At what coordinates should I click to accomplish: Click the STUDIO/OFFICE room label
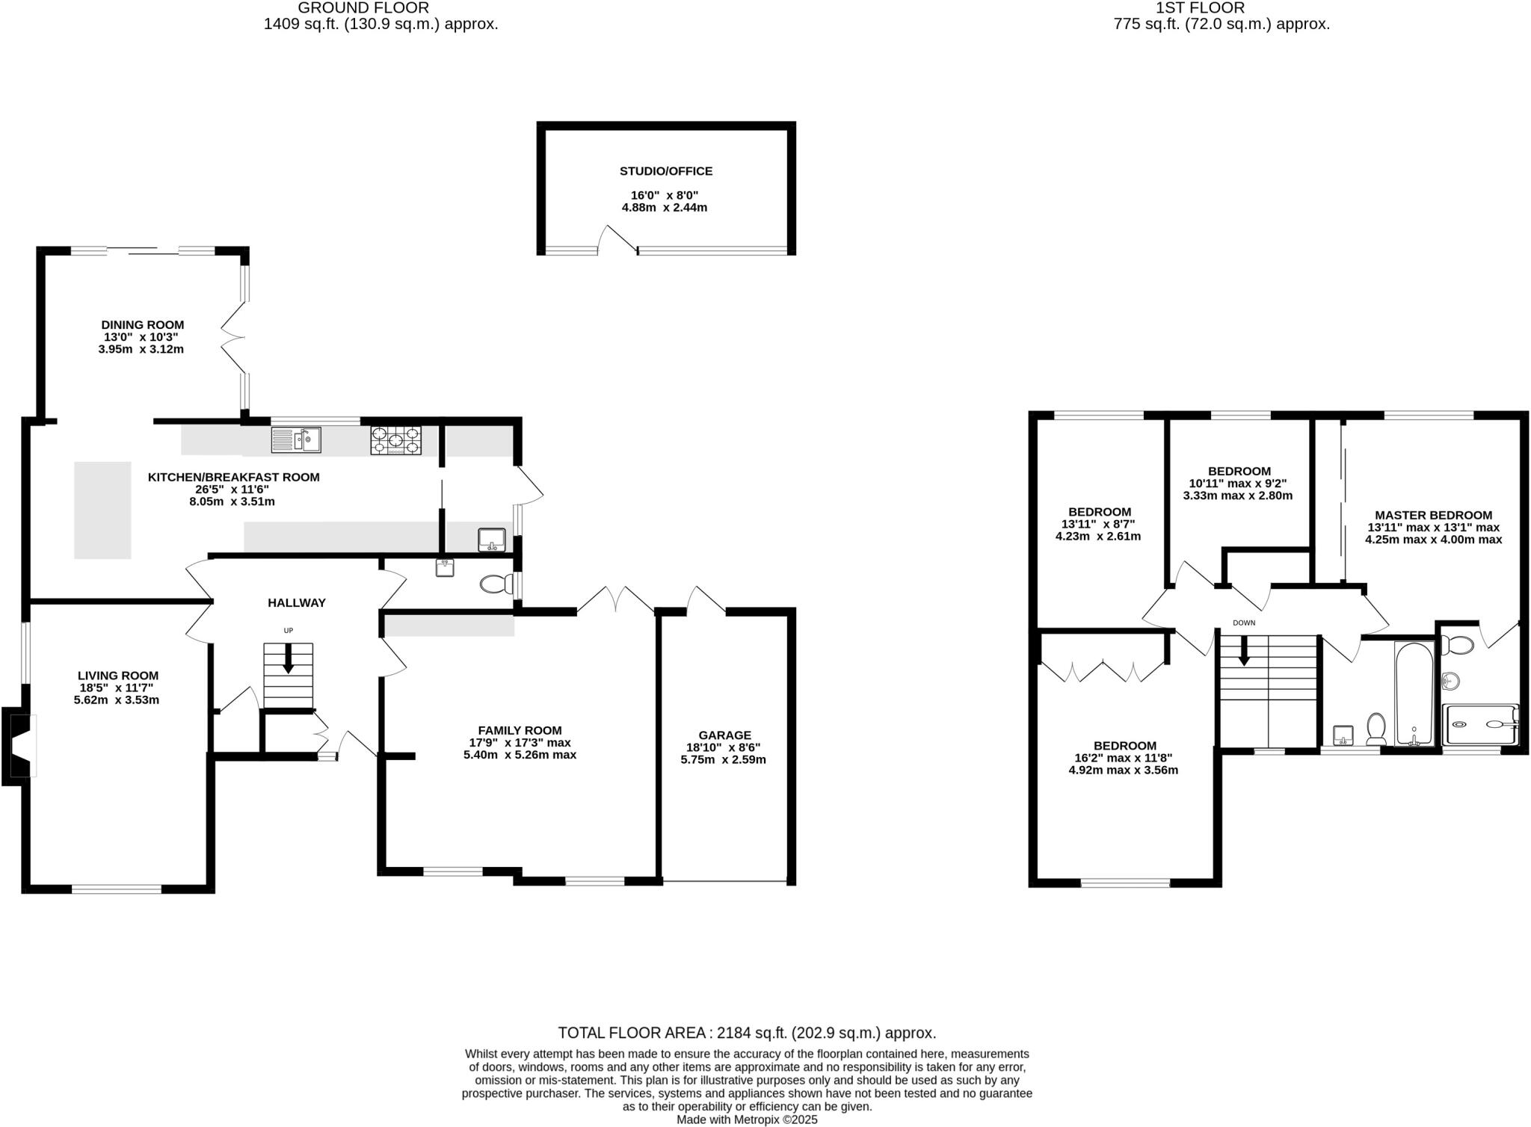[665, 171]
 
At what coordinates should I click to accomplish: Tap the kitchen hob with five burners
[395, 440]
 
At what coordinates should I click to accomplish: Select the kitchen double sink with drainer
[295, 439]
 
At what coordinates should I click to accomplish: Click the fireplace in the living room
[20, 745]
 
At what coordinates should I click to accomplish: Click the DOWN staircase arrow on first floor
[1244, 650]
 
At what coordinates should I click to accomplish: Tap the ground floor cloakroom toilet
[493, 584]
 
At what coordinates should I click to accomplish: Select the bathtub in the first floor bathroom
[1414, 693]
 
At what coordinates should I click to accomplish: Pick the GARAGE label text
[724, 735]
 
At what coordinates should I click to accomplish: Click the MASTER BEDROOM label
[1433, 515]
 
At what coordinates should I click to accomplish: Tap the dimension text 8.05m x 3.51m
[232, 501]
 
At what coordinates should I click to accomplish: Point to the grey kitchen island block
[102, 510]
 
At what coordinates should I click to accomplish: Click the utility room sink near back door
[492, 540]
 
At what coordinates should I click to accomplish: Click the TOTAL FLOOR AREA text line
[747, 1033]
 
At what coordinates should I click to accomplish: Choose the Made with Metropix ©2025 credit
[747, 1120]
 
